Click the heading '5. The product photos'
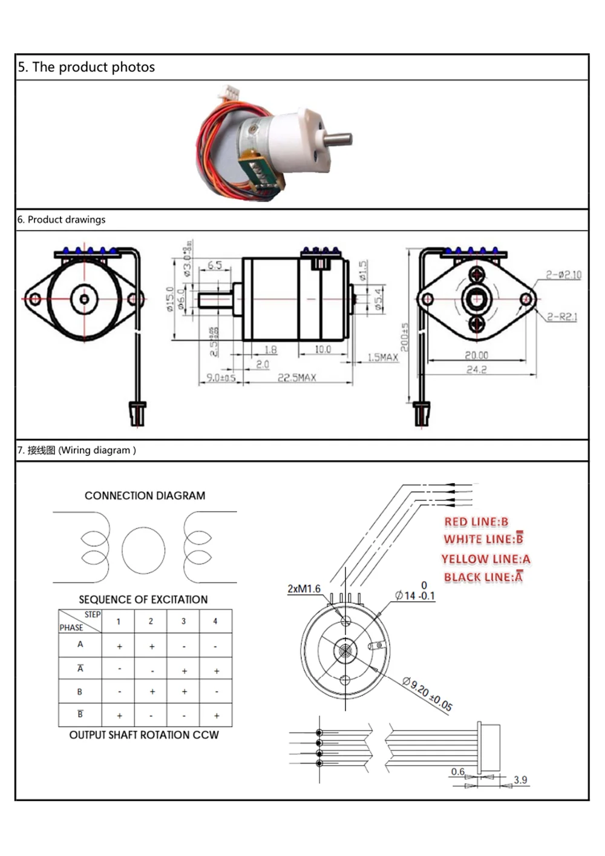point(87,67)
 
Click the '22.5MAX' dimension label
point(296,378)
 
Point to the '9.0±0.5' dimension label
point(221,378)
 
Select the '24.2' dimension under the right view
point(476,369)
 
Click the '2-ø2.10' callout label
point(563,275)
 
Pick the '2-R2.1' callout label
point(562,317)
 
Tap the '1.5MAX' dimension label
point(383,358)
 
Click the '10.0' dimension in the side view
point(322,349)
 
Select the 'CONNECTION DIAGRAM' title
point(145,496)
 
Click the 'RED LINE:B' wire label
point(476,522)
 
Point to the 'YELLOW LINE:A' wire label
point(485,559)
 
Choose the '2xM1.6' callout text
point(304,589)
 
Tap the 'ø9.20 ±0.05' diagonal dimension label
point(427,694)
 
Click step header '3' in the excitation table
point(184,621)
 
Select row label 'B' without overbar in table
point(80,691)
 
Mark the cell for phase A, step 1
point(119,647)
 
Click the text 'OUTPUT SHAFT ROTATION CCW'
point(144,735)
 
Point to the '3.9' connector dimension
point(520,780)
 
